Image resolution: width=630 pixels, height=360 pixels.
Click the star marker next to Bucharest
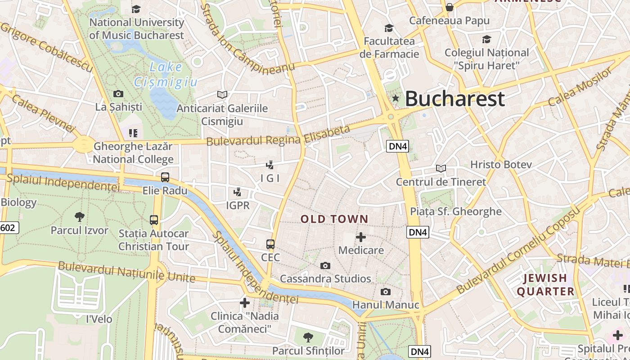tap(396, 98)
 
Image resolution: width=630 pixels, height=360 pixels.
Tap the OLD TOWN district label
tap(334, 219)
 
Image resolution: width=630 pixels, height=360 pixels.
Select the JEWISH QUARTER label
tap(545, 284)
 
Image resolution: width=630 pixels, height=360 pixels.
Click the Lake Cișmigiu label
tap(166, 75)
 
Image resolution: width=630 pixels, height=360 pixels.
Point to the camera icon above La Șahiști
tap(118, 94)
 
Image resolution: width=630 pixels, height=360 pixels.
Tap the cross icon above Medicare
tap(361, 237)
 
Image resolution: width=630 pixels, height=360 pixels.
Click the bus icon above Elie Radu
tap(165, 177)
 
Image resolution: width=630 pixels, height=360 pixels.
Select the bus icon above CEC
tap(270, 244)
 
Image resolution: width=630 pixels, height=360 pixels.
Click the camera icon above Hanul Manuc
tap(385, 292)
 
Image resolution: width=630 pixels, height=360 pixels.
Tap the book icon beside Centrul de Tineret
tap(441, 168)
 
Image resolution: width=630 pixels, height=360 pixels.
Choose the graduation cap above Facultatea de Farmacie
tap(389, 28)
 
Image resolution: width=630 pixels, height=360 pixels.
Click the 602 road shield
tap(8, 228)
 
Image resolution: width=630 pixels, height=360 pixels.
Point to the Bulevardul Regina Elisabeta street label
tap(278, 135)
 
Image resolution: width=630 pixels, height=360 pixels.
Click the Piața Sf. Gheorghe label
tap(456, 211)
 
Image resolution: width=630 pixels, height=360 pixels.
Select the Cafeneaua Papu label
tap(449, 20)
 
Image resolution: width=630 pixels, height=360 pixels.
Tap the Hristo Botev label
tap(501, 164)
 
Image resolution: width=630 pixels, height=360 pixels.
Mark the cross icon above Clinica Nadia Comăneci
tap(245, 303)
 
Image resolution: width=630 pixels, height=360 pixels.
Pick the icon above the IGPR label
tap(237, 193)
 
